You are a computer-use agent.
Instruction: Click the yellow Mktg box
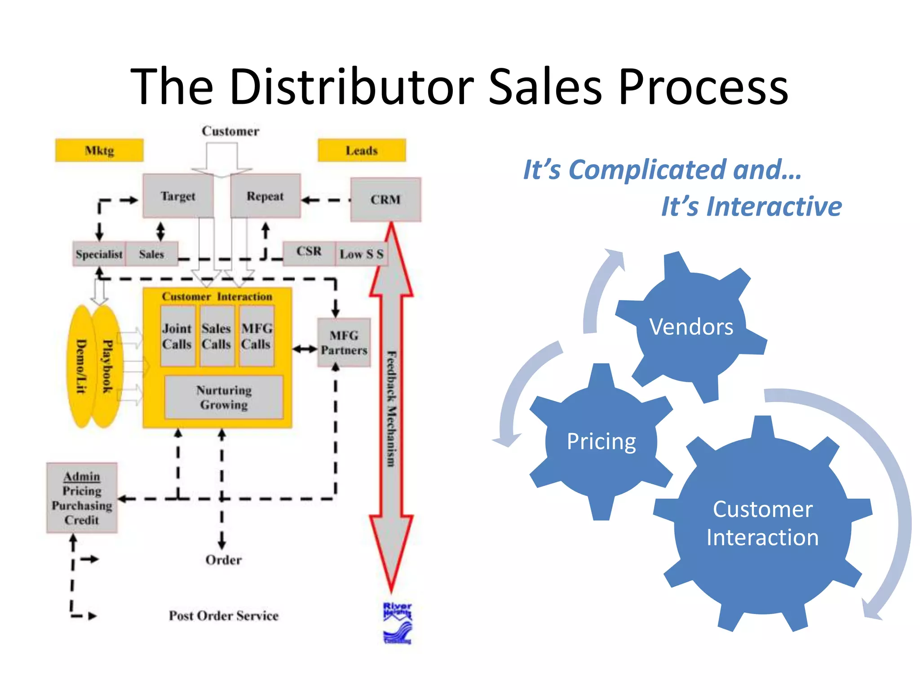click(x=99, y=150)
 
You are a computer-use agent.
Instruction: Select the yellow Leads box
click(x=362, y=150)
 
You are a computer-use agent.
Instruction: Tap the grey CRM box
click(x=385, y=199)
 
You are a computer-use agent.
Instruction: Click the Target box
click(x=178, y=196)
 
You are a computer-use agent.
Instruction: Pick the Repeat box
click(x=265, y=196)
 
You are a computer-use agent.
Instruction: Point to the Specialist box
click(x=99, y=254)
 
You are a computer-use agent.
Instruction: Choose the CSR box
click(x=309, y=253)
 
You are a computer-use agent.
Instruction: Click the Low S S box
click(x=361, y=254)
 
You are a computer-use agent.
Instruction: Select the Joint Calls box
click(x=177, y=336)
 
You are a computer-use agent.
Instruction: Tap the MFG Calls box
click(x=257, y=336)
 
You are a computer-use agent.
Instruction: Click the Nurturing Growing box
click(x=224, y=397)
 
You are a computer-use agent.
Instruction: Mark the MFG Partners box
click(x=344, y=343)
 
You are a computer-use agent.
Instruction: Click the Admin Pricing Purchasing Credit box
click(x=82, y=498)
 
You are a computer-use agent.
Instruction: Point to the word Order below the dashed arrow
click(x=223, y=560)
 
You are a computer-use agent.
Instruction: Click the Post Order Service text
click(x=223, y=615)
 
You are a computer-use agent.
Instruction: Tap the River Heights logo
click(x=397, y=624)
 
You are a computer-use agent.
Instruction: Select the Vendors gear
click(x=691, y=327)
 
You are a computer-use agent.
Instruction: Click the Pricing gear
click(x=601, y=441)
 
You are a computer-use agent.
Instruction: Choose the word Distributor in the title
click(x=351, y=86)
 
